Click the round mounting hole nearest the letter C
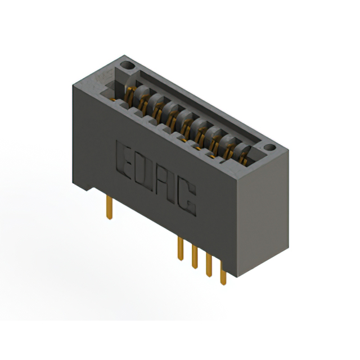269,147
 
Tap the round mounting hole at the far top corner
127,65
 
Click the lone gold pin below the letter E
110,207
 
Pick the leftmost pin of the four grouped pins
181,249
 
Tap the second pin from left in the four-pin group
195,256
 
